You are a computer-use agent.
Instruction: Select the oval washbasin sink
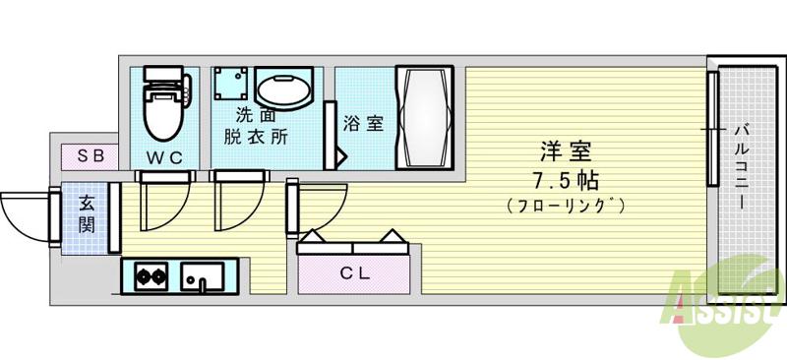284,88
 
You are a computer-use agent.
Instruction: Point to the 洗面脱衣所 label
255,127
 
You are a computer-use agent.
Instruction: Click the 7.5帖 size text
566,181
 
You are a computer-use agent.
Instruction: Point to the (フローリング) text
566,206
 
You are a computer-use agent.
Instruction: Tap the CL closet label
355,273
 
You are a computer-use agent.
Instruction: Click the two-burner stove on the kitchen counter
150,275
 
